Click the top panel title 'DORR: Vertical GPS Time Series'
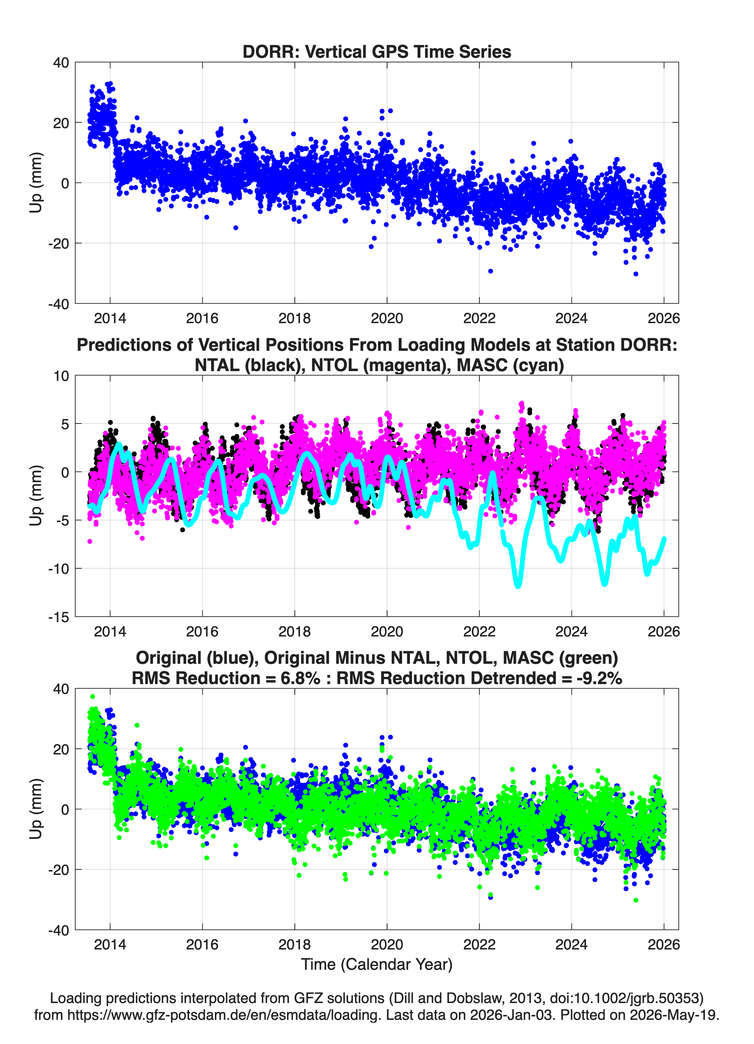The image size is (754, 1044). [x=377, y=51]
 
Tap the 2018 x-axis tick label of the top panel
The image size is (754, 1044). [x=295, y=318]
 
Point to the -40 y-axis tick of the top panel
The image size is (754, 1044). [x=58, y=304]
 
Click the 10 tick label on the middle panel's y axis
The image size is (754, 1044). [x=61, y=376]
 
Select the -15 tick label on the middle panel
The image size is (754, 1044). [x=58, y=617]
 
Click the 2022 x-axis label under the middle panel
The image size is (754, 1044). [x=479, y=632]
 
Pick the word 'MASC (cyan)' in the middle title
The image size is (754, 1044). [x=510, y=365]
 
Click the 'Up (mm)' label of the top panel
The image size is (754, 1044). [x=36, y=183]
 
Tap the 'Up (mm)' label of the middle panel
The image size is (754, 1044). [x=36, y=496]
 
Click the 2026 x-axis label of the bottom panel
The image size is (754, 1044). [x=664, y=945]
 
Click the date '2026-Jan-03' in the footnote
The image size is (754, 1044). [x=511, y=1015]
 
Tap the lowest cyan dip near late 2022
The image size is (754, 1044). [x=518, y=586]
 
